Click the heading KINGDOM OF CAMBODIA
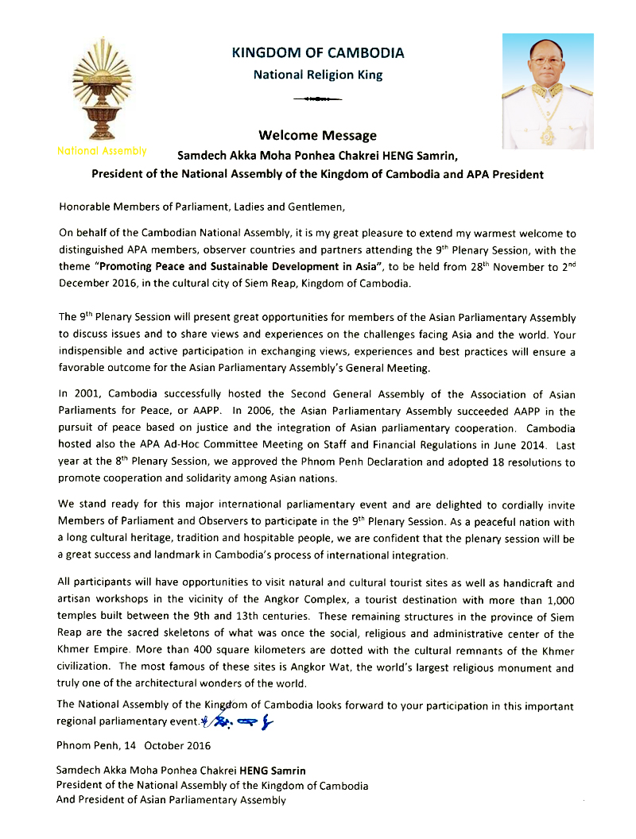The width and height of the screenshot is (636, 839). (317, 53)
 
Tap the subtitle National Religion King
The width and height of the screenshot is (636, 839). (317, 75)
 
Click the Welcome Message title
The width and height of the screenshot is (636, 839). (317, 135)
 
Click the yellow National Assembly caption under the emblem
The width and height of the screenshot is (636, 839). (102, 150)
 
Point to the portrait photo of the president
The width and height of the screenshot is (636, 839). (547, 91)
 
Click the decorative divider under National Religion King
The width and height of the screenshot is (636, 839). (317, 99)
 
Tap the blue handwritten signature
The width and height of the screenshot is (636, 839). (238, 722)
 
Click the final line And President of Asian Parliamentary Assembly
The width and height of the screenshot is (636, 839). (171, 800)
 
